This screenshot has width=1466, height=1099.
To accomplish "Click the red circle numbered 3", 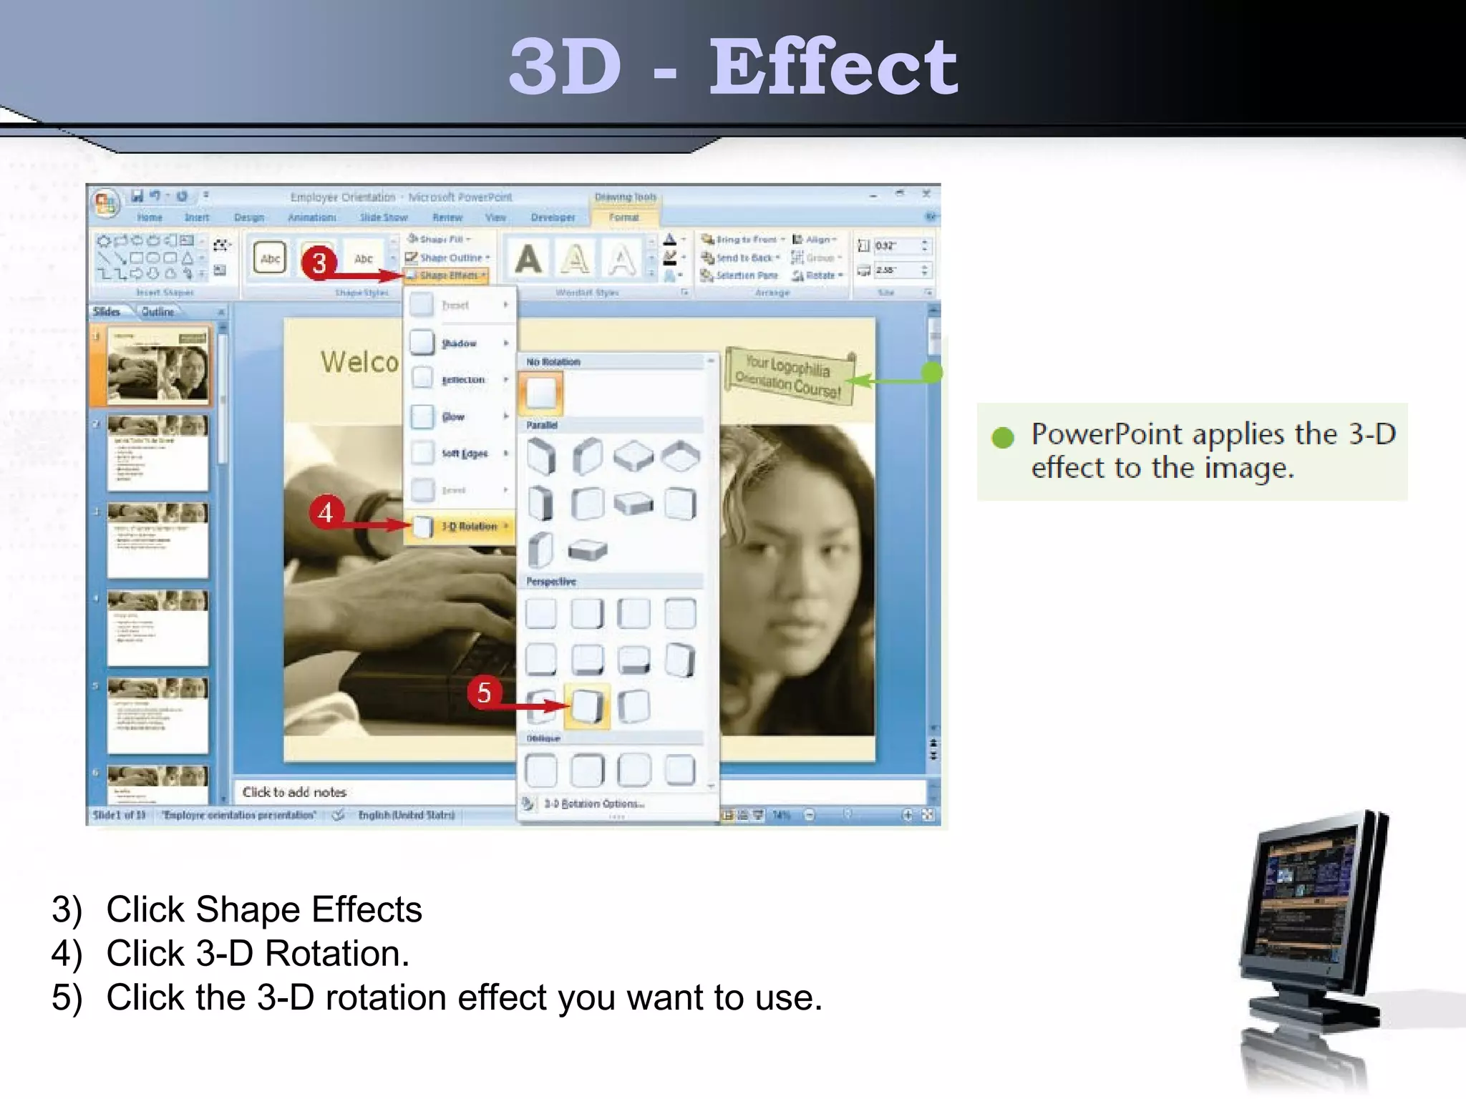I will (x=319, y=262).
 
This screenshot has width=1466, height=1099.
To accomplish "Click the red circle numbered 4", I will (x=326, y=512).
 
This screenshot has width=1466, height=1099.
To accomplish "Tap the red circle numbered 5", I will (x=484, y=692).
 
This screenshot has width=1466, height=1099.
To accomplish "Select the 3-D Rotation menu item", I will (x=469, y=527).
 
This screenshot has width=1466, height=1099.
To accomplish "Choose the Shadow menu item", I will (x=459, y=343).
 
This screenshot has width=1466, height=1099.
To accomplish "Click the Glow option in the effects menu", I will (x=453, y=416).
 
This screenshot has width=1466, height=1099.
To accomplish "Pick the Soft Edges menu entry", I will (x=465, y=454).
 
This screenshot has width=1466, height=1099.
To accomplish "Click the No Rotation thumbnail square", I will (x=541, y=393).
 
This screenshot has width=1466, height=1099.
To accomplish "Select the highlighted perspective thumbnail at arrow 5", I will (x=587, y=706).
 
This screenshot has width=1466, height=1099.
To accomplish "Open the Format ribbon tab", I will (x=623, y=218).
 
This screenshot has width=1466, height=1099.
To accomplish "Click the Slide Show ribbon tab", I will (x=384, y=218).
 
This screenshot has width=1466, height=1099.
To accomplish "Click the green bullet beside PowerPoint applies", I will (x=1003, y=437).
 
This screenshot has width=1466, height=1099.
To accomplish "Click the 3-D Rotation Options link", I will (x=593, y=804).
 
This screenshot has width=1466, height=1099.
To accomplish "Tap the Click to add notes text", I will (x=294, y=792).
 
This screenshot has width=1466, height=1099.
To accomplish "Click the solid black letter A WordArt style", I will (x=528, y=259).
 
